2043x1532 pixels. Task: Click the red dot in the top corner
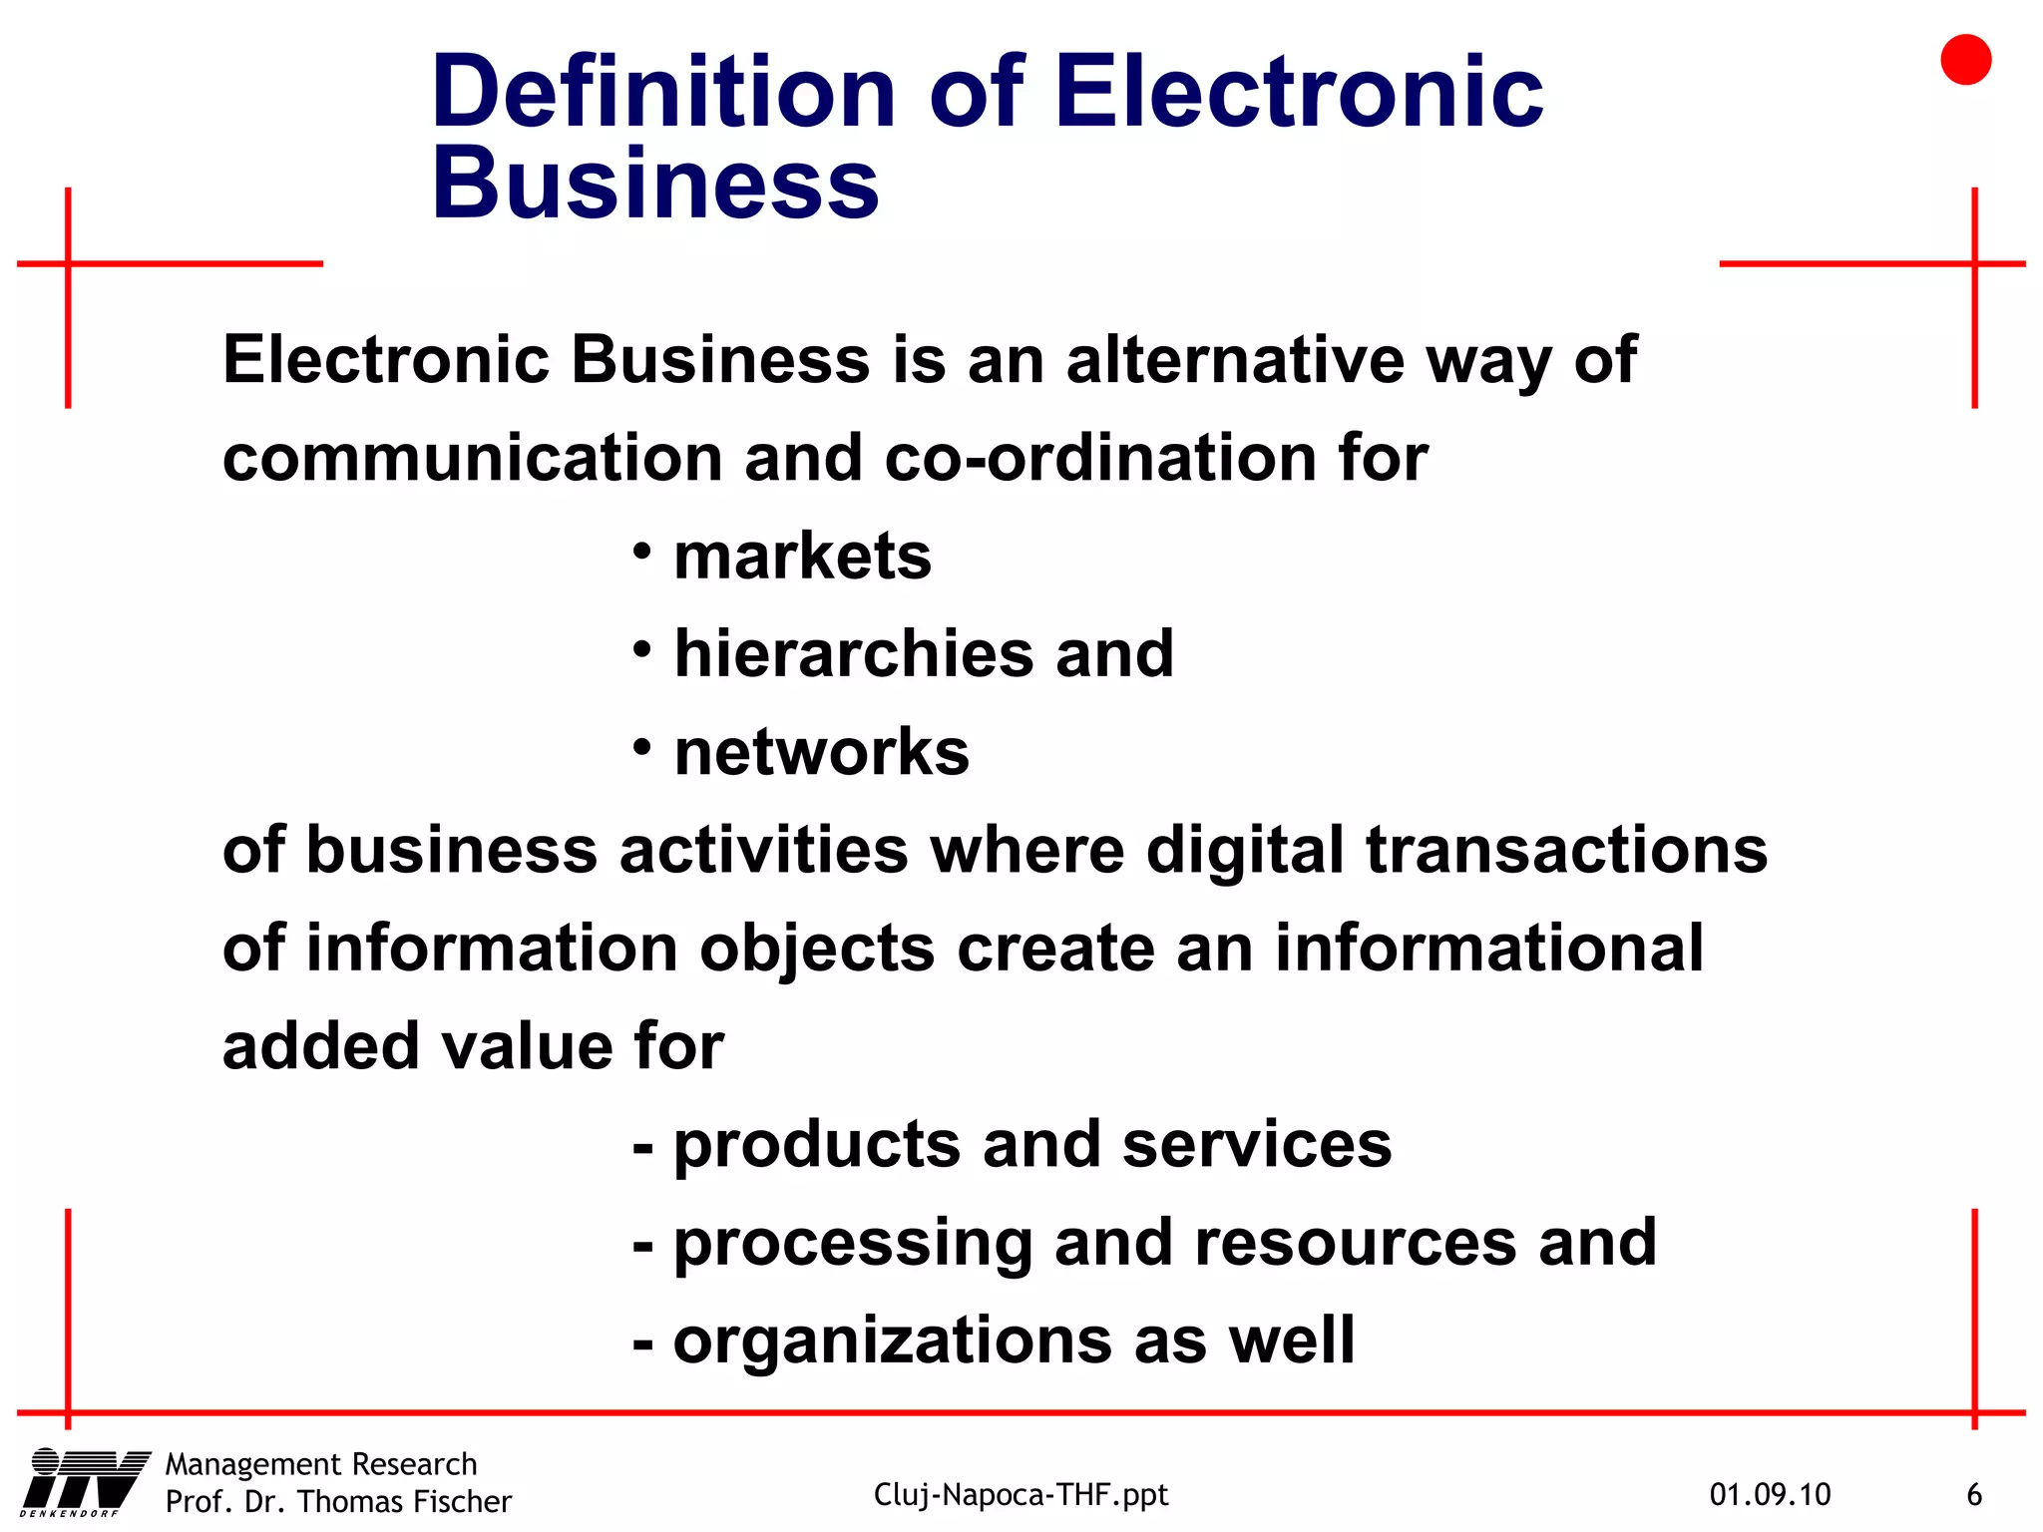1965,60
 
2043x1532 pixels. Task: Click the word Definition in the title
663,93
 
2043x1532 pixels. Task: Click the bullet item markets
802,556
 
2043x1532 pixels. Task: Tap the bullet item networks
821,751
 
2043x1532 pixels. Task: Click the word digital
1245,851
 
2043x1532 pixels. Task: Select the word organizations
892,1340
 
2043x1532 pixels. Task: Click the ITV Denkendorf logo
85,1481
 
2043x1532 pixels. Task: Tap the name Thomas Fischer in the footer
404,1501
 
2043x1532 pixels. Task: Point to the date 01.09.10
1770,1494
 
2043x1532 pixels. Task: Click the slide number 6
1973,1494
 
